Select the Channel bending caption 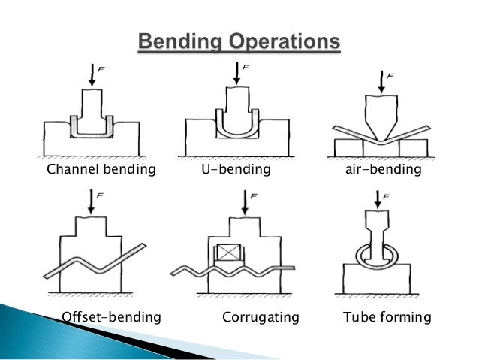[x=101, y=169]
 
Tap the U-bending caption [x=235, y=169]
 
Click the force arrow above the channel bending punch [x=92, y=74]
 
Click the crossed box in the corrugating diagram [x=226, y=253]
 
